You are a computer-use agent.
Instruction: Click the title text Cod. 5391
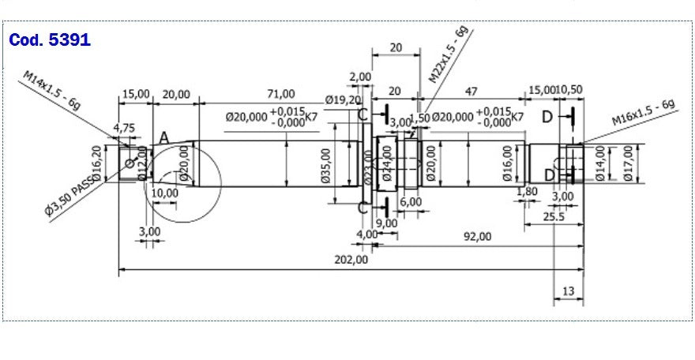(x=49, y=40)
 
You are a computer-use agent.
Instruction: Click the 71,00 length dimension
(x=280, y=94)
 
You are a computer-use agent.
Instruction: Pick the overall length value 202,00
(x=351, y=260)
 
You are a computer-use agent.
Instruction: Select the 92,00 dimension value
(x=476, y=236)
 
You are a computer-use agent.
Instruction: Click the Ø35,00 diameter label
(x=326, y=167)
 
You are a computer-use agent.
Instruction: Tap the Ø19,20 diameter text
(x=344, y=100)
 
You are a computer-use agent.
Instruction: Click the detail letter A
(x=163, y=137)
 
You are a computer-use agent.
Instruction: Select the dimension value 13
(x=568, y=291)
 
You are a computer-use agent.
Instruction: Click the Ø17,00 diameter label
(x=628, y=163)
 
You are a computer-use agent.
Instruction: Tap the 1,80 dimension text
(x=526, y=191)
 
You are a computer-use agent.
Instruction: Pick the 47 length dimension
(x=471, y=92)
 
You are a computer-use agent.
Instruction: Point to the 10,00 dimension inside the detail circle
(x=164, y=193)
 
